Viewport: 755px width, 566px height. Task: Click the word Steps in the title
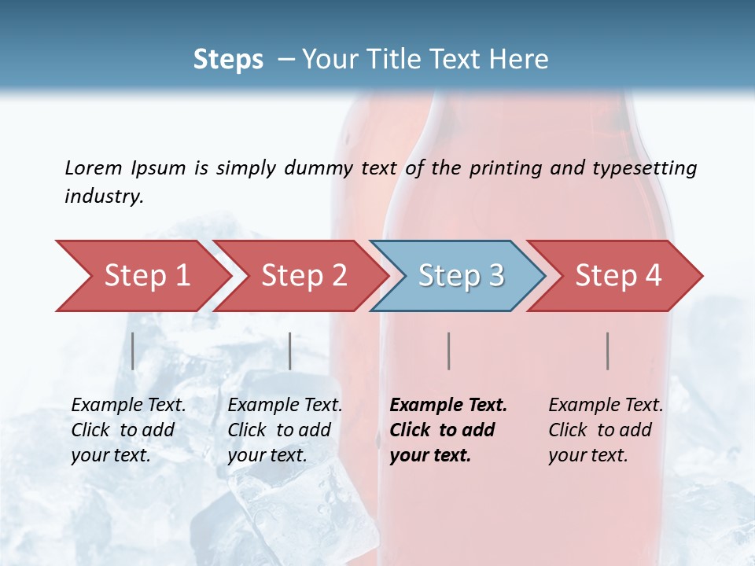tap(228, 60)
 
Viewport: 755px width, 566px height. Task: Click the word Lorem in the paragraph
tap(93, 167)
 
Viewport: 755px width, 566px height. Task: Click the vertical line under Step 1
tap(133, 351)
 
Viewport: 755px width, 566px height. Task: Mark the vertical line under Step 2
tap(290, 351)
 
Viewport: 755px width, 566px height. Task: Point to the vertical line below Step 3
tap(448, 351)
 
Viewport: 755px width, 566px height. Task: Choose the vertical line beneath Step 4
tap(608, 351)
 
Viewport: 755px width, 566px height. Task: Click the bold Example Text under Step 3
tap(448, 406)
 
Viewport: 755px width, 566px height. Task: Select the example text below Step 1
tap(128, 430)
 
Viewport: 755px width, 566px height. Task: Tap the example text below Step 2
tap(285, 430)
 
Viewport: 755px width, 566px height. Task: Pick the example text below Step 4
tap(606, 430)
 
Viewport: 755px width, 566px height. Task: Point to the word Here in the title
tap(518, 60)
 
